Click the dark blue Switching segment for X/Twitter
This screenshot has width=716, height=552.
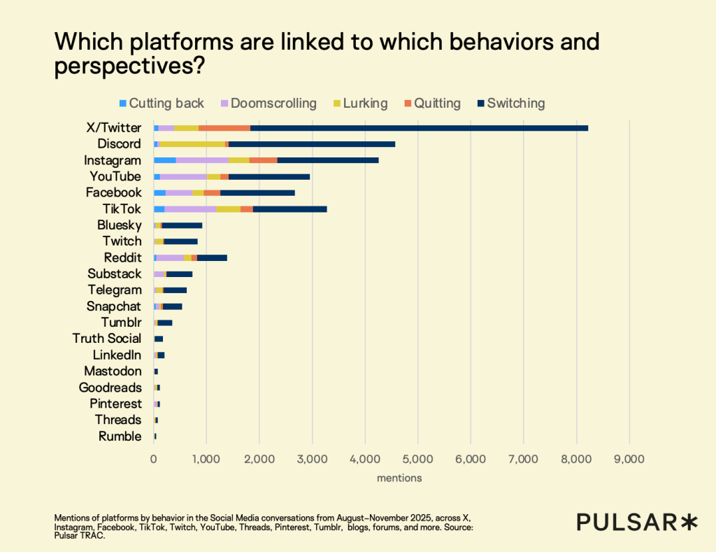click(420, 128)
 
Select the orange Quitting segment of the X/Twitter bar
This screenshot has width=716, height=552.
click(224, 128)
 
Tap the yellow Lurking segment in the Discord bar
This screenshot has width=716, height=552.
click(192, 144)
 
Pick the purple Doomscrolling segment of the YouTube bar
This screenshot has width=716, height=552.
click(183, 176)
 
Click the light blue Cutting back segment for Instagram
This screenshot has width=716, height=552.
click(164, 160)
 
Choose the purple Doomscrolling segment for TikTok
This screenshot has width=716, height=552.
click(190, 208)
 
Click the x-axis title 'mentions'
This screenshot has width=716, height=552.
click(399, 479)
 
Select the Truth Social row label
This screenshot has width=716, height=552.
click(106, 339)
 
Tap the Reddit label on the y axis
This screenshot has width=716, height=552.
click(122, 257)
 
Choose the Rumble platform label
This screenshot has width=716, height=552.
click(120, 437)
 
